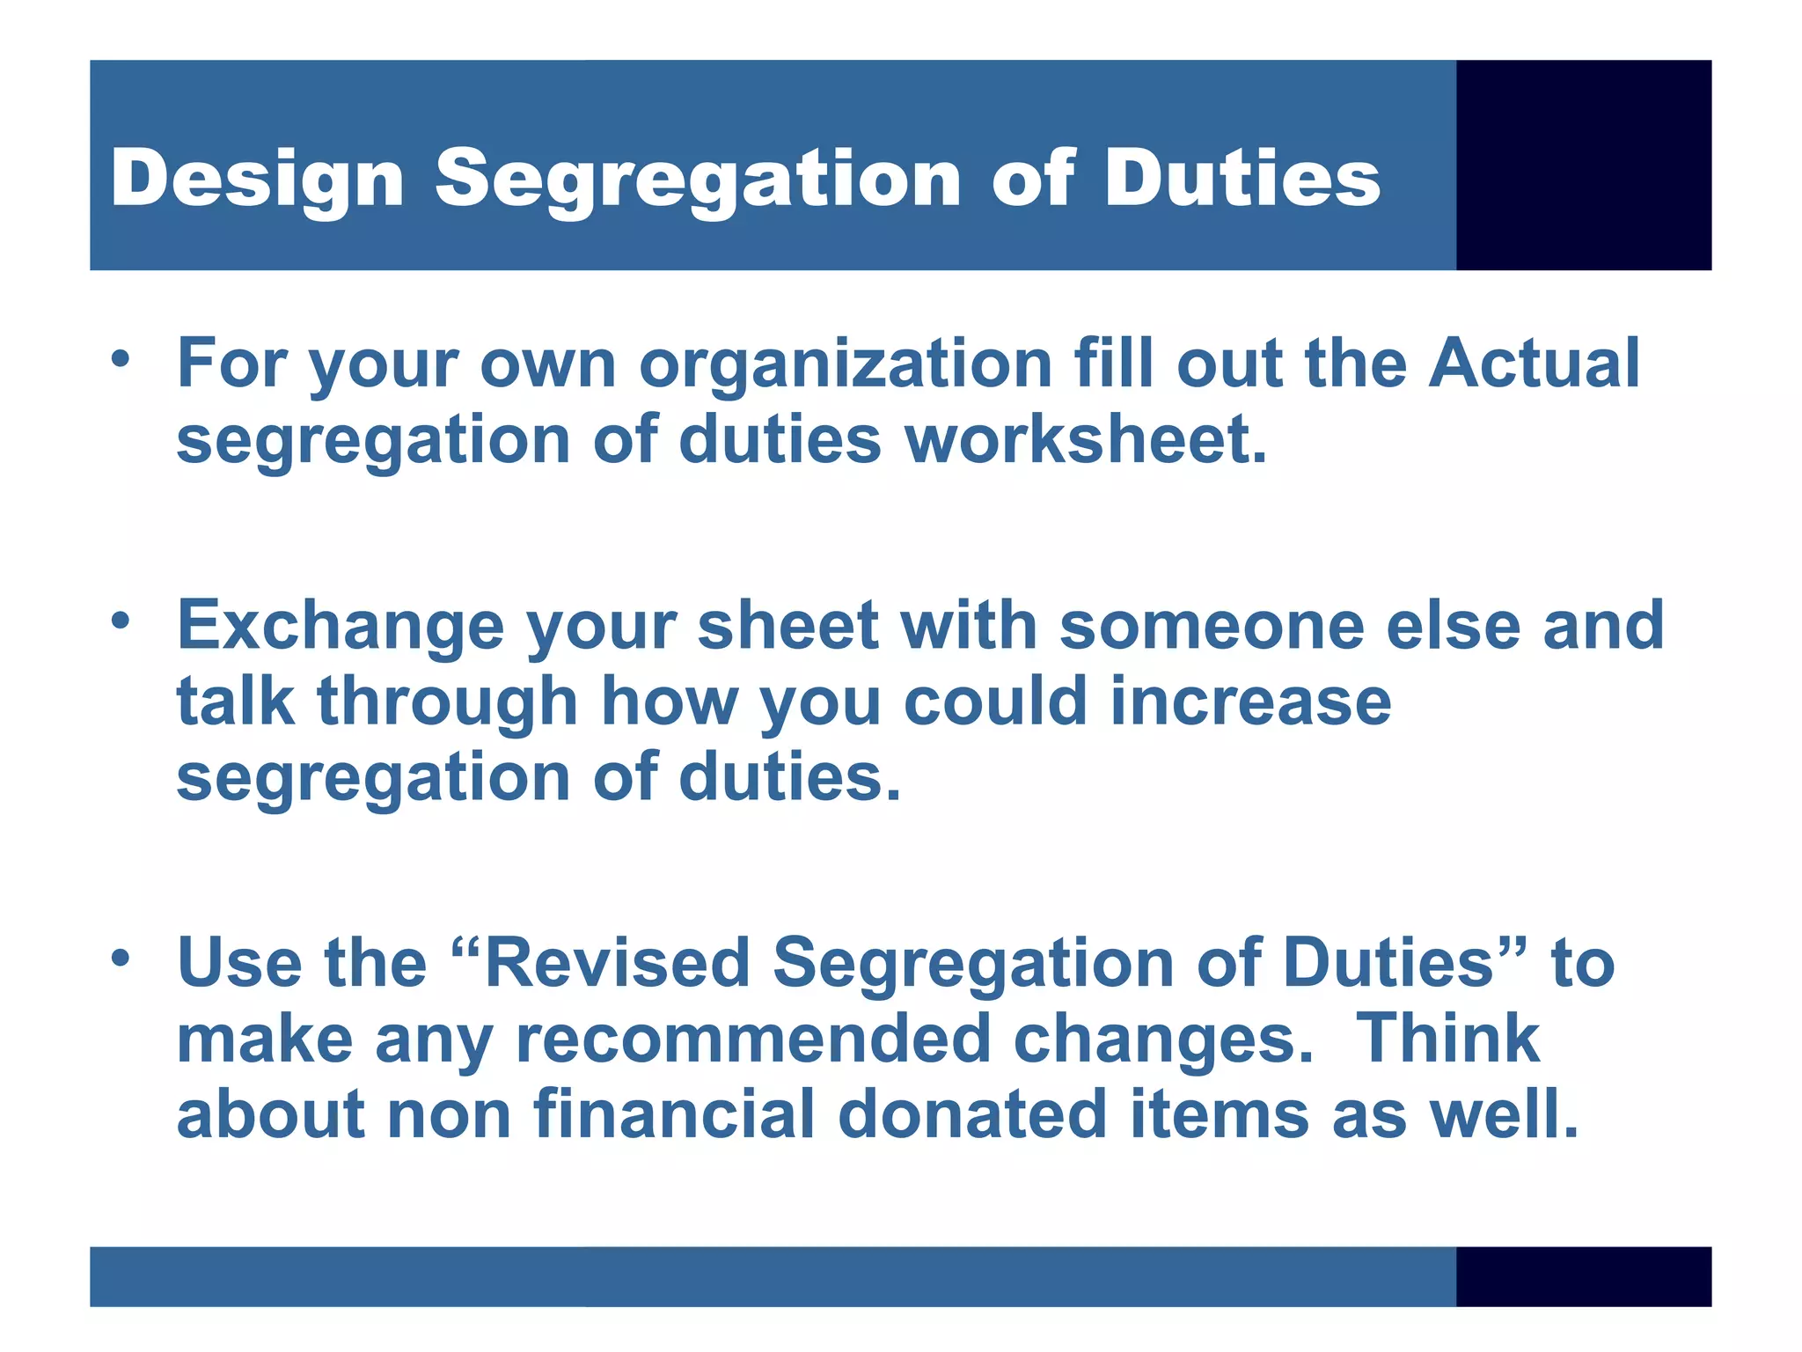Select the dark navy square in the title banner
1583,165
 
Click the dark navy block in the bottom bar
1583,1275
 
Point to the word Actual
1534,363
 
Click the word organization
846,364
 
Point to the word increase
1250,702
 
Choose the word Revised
617,963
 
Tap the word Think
1447,1039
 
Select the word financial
674,1114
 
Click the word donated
972,1114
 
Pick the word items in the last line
1219,1114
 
